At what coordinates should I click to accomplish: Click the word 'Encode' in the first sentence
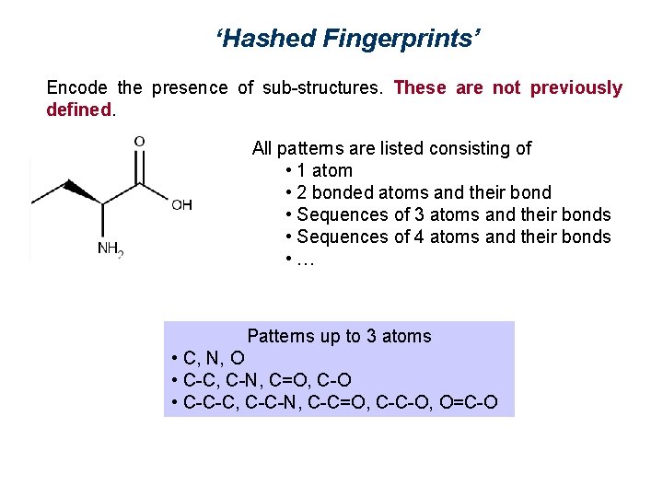[x=76, y=88]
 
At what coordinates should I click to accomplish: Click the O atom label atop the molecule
[x=139, y=142]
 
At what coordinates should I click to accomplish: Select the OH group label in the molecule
[x=181, y=205]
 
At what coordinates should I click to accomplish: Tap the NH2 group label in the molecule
[x=110, y=248]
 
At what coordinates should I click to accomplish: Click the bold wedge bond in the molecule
[x=81, y=191]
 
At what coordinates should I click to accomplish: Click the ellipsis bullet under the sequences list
[x=305, y=260]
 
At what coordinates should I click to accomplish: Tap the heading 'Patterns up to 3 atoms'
[x=339, y=336]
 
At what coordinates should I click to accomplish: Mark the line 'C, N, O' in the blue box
[x=214, y=358]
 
